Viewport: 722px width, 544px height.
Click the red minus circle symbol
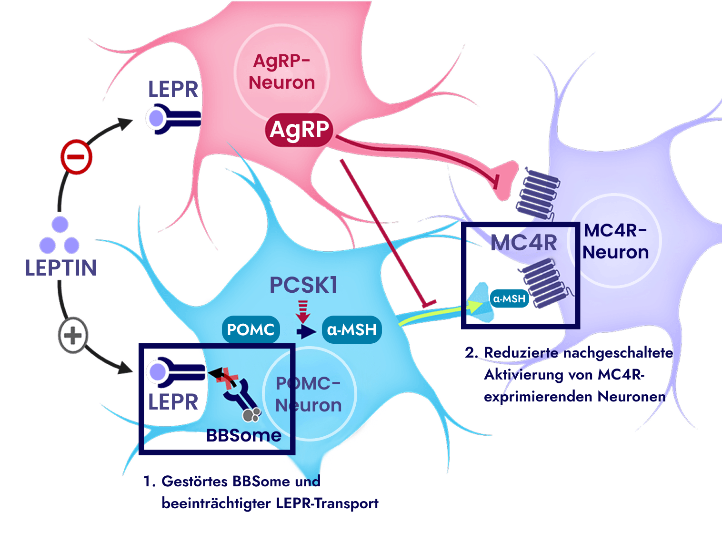(x=76, y=157)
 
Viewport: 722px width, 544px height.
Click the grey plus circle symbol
(x=73, y=335)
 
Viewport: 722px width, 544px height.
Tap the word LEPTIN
(x=61, y=268)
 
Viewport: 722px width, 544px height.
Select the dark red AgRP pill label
(x=299, y=130)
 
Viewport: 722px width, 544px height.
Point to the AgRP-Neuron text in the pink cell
(x=282, y=72)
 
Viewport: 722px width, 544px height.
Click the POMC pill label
(x=251, y=329)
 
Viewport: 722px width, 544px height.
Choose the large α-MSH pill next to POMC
(x=352, y=329)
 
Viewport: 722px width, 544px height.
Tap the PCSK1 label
(x=304, y=285)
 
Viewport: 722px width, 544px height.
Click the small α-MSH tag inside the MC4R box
(x=509, y=299)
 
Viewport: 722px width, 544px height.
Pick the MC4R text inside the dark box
(x=524, y=243)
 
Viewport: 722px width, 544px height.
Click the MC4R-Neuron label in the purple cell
(x=615, y=241)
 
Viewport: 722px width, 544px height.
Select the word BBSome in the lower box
(x=244, y=435)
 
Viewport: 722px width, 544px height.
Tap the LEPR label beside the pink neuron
(x=173, y=89)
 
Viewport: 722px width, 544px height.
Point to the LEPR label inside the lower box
(x=173, y=402)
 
